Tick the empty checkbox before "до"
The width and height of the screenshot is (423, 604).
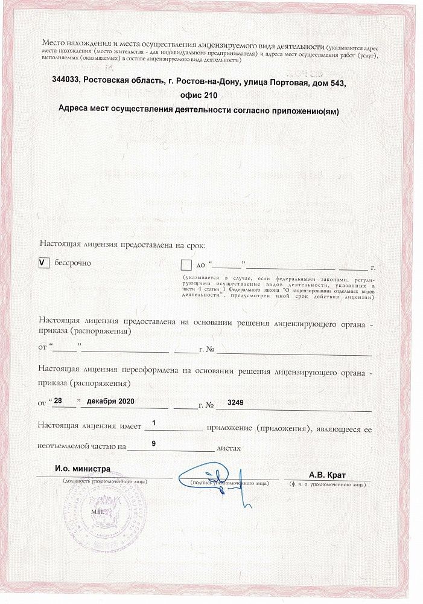pos(186,265)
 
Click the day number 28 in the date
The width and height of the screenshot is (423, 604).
pos(59,401)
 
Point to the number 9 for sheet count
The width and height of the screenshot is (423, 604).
pos(154,443)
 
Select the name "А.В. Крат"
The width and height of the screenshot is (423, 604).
pos(326,474)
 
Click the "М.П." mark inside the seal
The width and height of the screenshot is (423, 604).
pos(98,511)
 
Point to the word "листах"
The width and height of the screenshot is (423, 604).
pos(229,448)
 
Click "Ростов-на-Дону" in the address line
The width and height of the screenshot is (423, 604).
pos(199,82)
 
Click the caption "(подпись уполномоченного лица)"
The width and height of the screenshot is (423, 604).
pos(228,484)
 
